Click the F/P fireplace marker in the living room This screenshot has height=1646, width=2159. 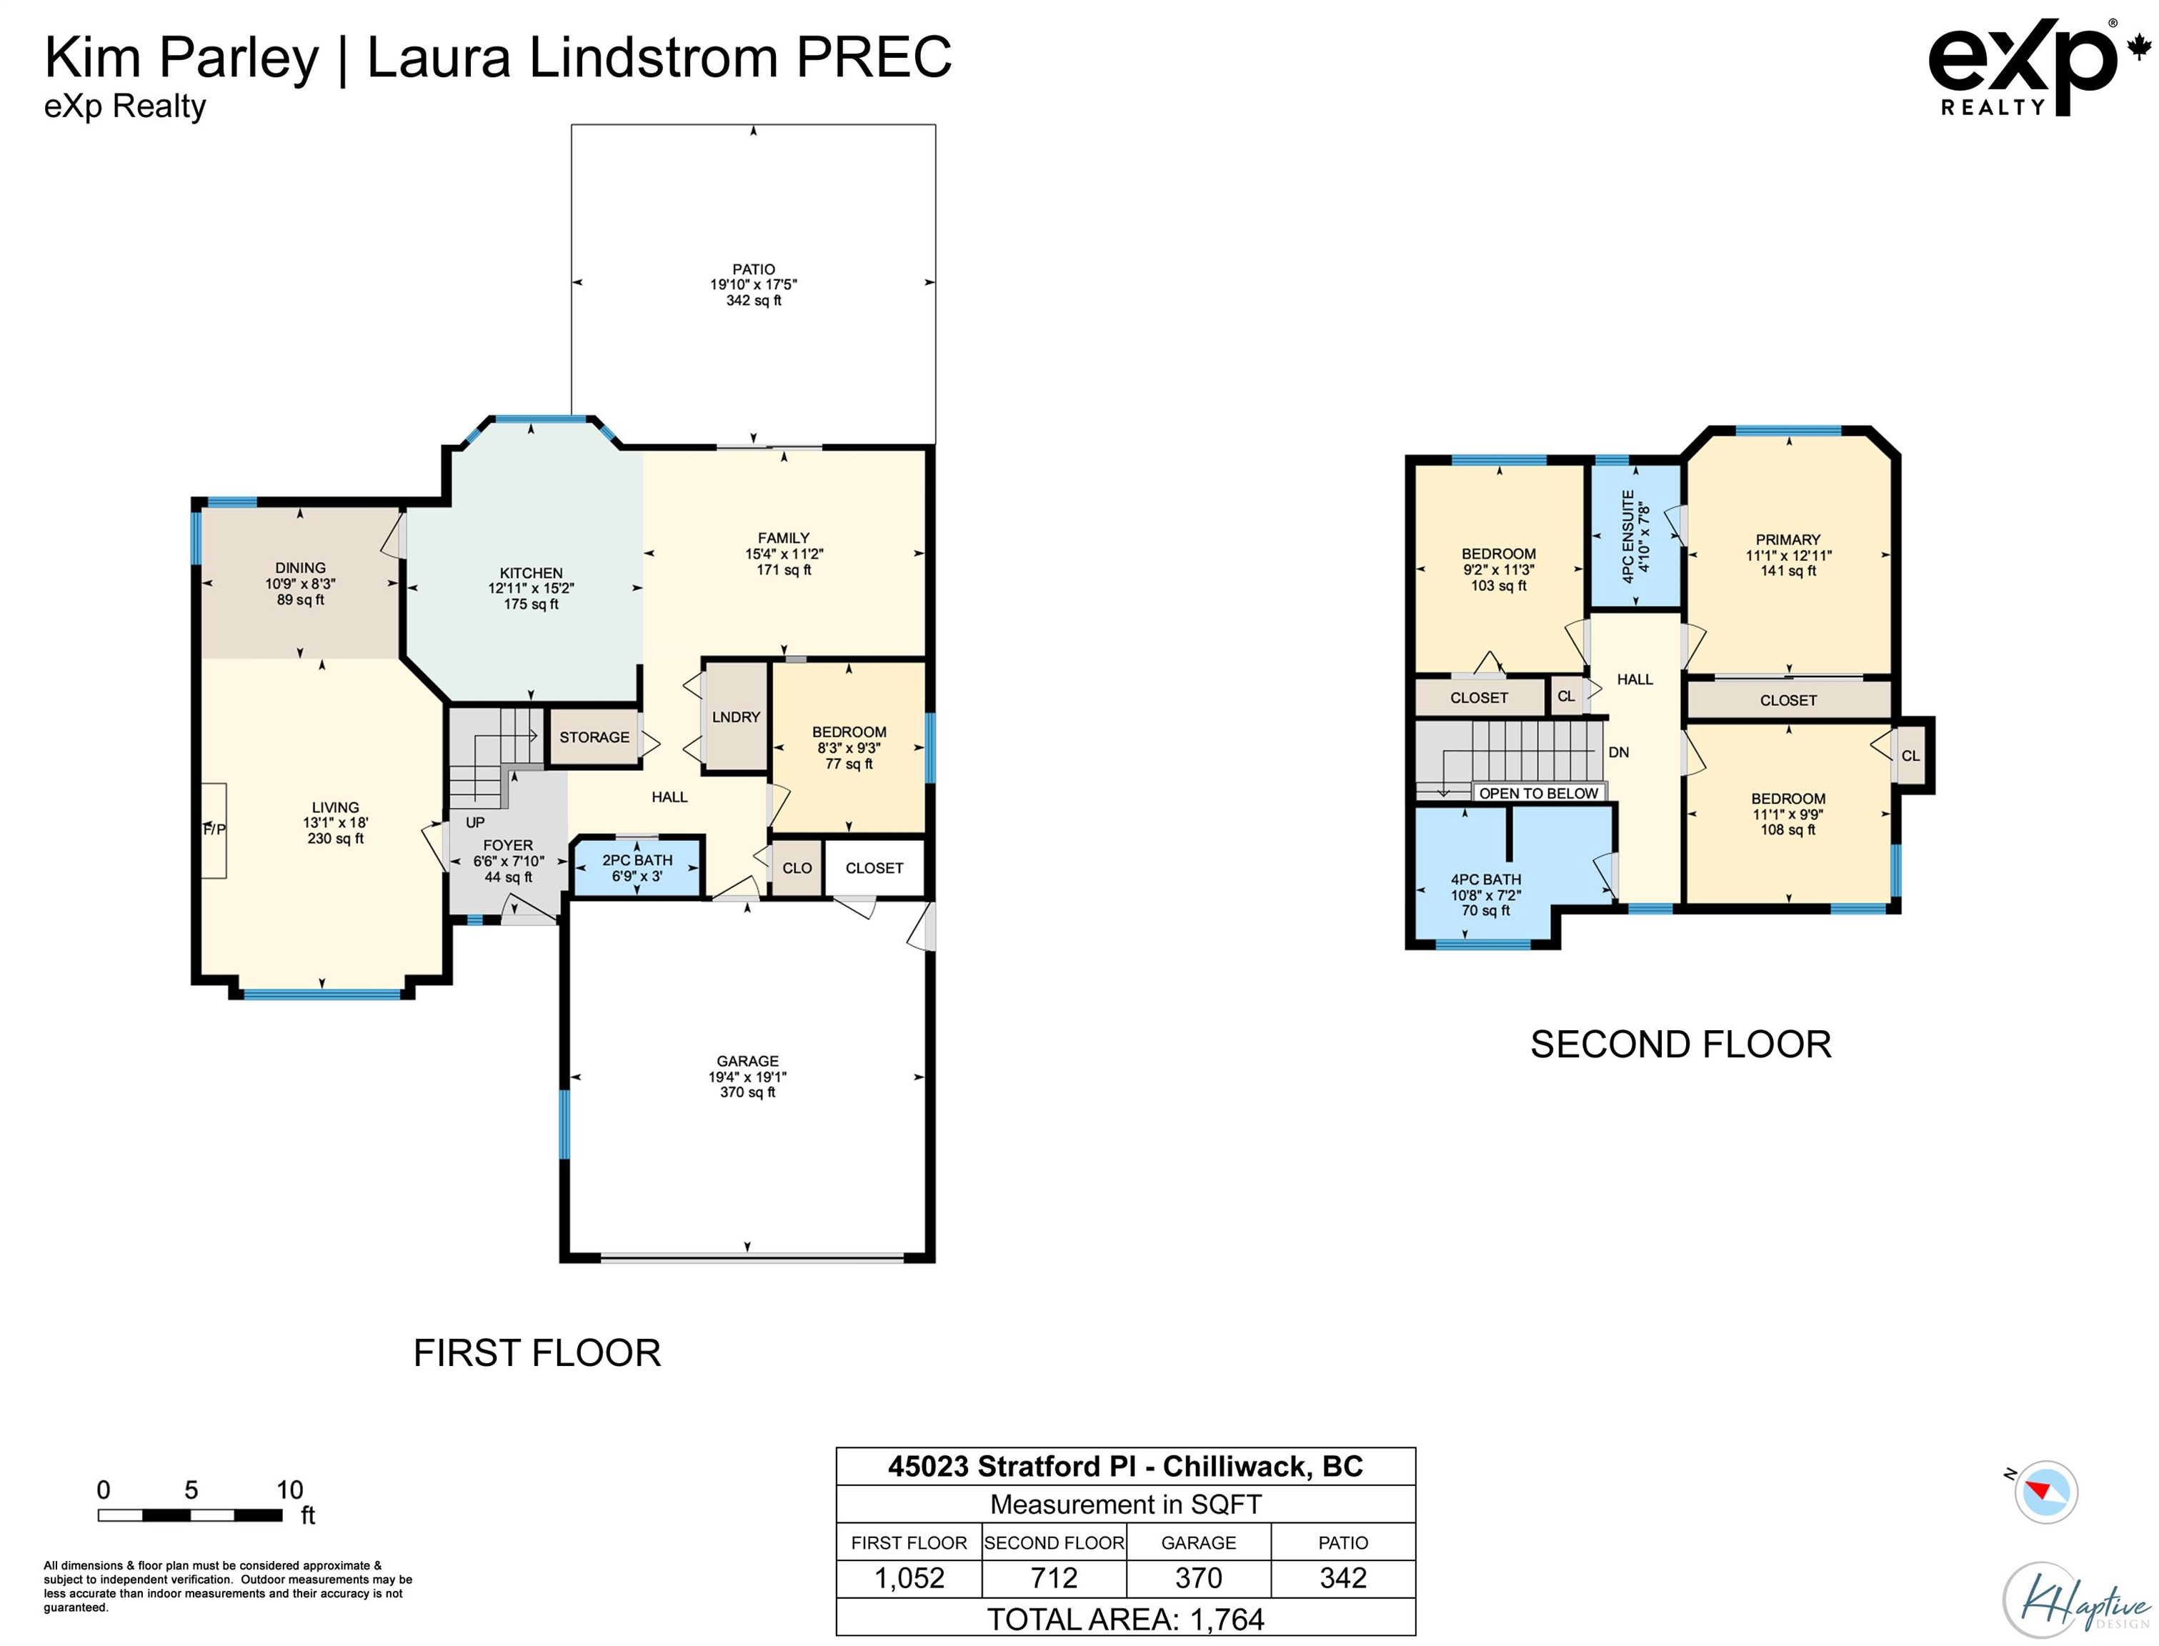pyautogui.click(x=214, y=830)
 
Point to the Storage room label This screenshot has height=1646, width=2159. pyautogui.click(x=594, y=737)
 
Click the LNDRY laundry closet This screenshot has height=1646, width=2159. pyautogui.click(x=736, y=717)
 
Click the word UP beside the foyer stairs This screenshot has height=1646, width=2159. pyautogui.click(x=475, y=822)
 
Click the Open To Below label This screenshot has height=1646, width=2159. pyautogui.click(x=1538, y=792)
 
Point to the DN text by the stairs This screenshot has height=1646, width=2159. pyautogui.click(x=1618, y=752)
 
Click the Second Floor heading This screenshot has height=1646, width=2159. pyautogui.click(x=1680, y=1044)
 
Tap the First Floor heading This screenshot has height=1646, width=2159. pyautogui.click(x=537, y=1353)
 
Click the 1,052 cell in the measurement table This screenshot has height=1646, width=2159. pyautogui.click(x=909, y=1578)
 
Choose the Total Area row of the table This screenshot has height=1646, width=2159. pyautogui.click(x=1125, y=1619)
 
